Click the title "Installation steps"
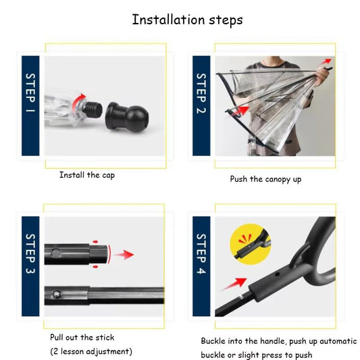[x=187, y=20]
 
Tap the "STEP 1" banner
[x=30, y=105]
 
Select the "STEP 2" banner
[x=201, y=105]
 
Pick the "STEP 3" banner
[x=30, y=266]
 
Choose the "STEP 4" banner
[x=201, y=266]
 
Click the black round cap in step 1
[x=127, y=117]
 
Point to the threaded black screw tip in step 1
[x=93, y=109]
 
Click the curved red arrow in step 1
[x=78, y=101]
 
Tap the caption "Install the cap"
[x=87, y=175]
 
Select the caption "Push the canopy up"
[x=265, y=179]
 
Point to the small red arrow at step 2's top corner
[x=326, y=61]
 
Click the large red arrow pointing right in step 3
[x=124, y=255]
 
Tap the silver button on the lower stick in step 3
[x=56, y=294]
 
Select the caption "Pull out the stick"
[x=82, y=338]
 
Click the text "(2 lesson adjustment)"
[x=91, y=351]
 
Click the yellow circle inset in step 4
[x=251, y=245]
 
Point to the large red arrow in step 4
[x=234, y=284]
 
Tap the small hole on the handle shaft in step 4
[x=278, y=274]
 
